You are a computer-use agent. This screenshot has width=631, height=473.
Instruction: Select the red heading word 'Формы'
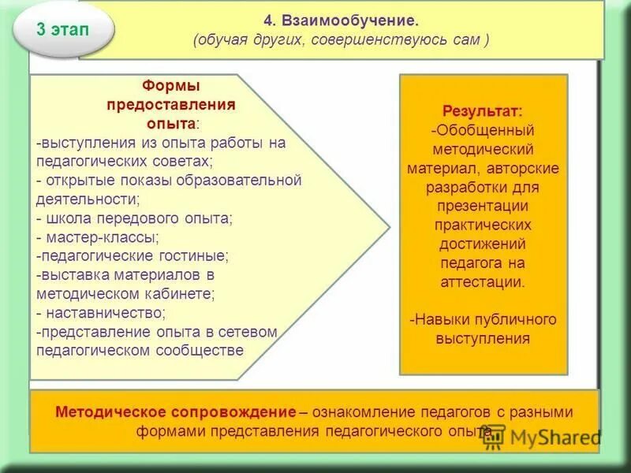click(170, 85)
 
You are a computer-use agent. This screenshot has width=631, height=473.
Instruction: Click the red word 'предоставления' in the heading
click(170, 104)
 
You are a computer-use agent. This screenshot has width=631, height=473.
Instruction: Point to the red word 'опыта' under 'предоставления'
click(170, 123)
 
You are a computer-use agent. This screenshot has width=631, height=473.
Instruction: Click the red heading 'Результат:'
click(482, 111)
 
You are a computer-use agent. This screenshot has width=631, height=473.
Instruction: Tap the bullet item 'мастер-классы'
click(103, 236)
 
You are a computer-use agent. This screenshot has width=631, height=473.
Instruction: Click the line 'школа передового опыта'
click(138, 218)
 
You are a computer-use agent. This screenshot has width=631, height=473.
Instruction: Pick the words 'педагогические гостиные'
click(134, 255)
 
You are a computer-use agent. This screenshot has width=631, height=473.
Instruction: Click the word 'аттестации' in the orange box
click(482, 281)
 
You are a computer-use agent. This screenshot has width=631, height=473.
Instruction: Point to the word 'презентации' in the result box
click(482, 206)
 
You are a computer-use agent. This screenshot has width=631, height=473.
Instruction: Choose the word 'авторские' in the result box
click(528, 168)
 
